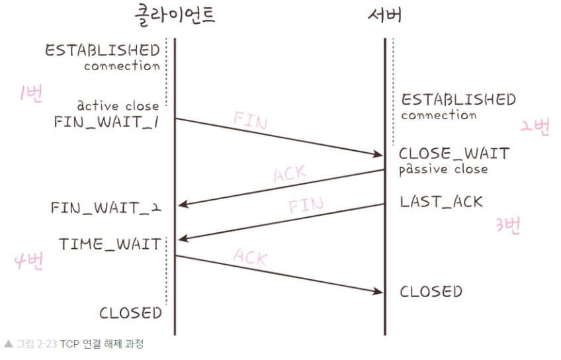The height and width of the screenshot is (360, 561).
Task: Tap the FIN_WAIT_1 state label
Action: tap(109, 122)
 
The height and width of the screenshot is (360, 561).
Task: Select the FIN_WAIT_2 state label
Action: tap(106, 208)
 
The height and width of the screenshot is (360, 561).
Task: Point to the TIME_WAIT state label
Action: tap(110, 244)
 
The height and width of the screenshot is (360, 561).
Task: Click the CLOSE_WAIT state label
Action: tap(454, 154)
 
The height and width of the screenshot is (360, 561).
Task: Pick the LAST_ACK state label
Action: tap(441, 202)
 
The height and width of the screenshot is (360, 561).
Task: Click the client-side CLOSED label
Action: tap(130, 312)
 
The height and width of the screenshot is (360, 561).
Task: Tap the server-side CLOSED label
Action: tap(431, 291)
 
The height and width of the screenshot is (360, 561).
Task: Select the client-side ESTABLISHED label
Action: tap(103, 50)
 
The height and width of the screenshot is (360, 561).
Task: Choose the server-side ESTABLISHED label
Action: tap(458, 100)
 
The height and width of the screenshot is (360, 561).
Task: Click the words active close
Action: tap(118, 105)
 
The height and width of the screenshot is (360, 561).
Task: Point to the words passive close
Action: tap(443, 169)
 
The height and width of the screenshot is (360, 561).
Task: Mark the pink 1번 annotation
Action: tap(31, 95)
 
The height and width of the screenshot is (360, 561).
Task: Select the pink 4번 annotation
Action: tap(28, 261)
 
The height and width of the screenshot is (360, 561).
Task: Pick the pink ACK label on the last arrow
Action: tap(250, 256)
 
